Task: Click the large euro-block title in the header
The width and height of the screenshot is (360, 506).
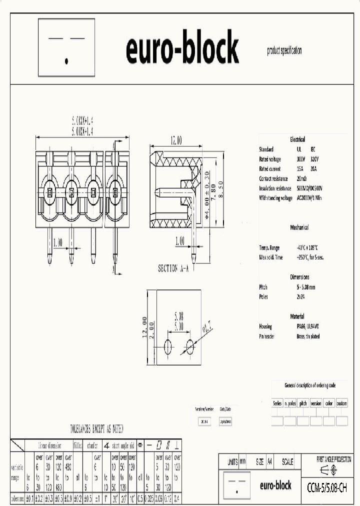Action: point(182,48)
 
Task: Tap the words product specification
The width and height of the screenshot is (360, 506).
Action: point(284,51)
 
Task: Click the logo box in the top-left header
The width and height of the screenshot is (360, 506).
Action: point(66,47)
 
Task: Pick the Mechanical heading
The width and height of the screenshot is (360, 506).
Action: point(299,227)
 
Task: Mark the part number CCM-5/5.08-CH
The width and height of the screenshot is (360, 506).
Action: point(327,486)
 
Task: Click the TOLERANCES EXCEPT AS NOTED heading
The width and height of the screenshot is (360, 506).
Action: point(96,429)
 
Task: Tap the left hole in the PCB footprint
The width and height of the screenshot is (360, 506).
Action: point(167,345)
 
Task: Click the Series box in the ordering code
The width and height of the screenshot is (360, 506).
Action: point(277,403)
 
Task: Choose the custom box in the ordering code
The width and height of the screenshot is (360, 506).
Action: point(342,403)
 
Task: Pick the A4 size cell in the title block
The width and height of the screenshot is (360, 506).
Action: point(270,462)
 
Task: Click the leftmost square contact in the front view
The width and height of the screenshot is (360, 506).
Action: point(49,191)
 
